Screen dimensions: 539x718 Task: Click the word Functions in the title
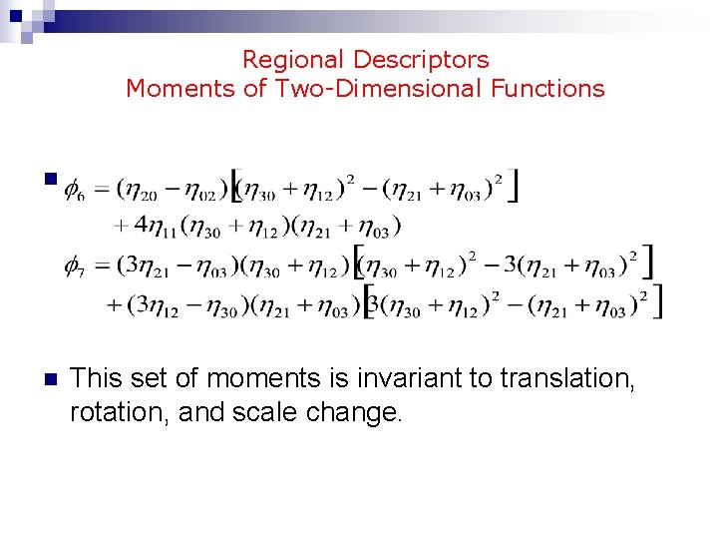click(x=547, y=89)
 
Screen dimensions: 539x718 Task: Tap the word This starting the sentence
click(x=97, y=378)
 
